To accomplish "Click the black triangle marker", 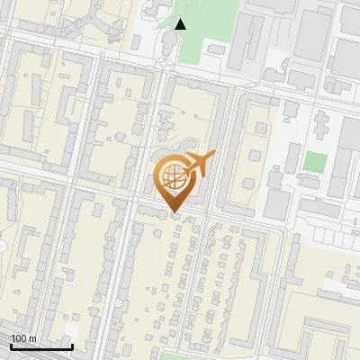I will point(180,24).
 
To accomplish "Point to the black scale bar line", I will point(40,346).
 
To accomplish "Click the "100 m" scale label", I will point(22,338).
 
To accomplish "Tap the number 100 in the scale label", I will point(19,338).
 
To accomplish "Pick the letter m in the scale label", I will point(31,338).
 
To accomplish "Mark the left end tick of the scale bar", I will point(10,345).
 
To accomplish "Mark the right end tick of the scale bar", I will point(72,345).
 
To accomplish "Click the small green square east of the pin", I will point(314,163).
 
